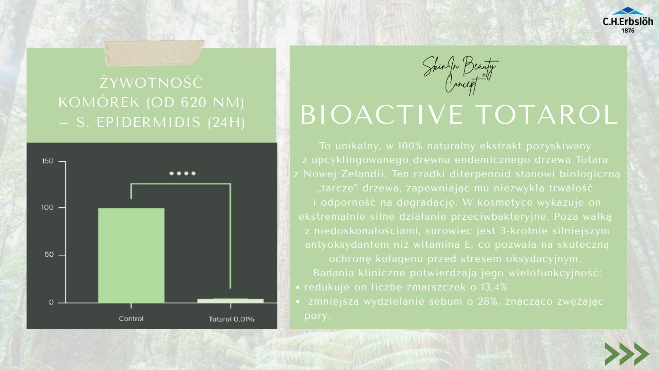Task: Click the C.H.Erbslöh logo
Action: coord(627,19)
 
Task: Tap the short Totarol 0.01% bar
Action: coord(230,300)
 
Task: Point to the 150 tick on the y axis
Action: coord(48,162)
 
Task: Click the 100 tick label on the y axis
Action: coord(48,208)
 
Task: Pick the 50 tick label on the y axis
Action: coord(49,255)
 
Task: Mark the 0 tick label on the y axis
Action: coord(51,303)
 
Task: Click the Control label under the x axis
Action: coord(131,319)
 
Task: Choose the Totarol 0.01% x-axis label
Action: coord(231,319)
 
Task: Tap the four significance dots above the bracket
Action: coord(183,173)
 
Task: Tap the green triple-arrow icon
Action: coord(626,353)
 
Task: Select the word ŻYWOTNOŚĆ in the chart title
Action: coord(152,83)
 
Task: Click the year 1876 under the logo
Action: coord(627,30)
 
